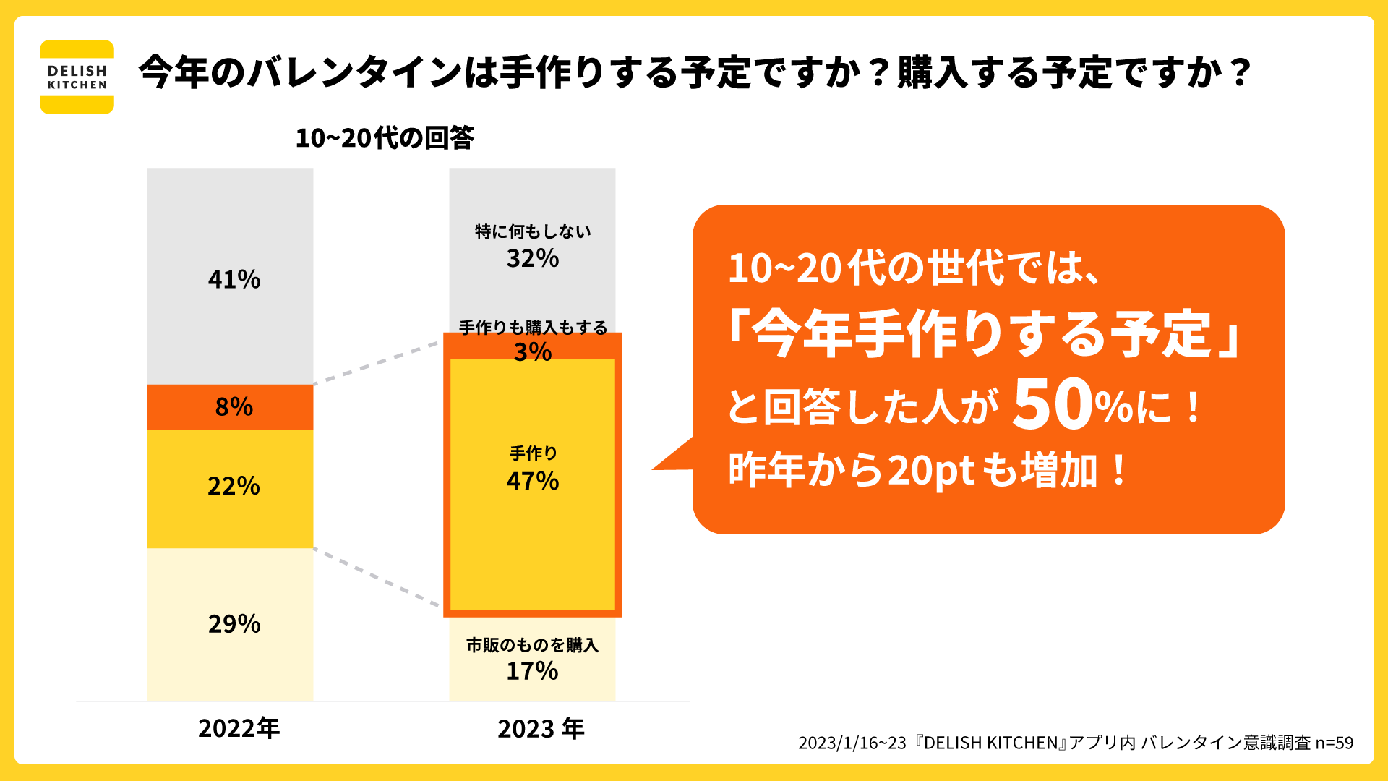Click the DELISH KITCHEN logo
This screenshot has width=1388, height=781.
(x=77, y=77)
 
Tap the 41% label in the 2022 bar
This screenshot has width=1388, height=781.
(x=234, y=279)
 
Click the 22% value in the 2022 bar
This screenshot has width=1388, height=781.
(x=234, y=486)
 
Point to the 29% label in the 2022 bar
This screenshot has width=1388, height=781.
(x=234, y=623)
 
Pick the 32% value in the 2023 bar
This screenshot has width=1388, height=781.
(x=533, y=258)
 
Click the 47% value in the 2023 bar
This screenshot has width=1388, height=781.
(x=533, y=481)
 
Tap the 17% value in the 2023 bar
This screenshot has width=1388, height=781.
(x=533, y=671)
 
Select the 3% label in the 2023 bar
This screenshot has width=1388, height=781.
(x=533, y=352)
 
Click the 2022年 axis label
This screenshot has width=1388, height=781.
(x=239, y=728)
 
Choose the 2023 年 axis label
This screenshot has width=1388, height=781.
(x=541, y=728)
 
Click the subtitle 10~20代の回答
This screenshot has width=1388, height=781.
(x=385, y=137)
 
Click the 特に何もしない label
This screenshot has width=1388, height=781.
(x=533, y=231)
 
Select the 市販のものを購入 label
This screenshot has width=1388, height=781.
(x=533, y=645)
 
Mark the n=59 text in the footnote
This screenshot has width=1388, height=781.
(x=1334, y=743)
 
